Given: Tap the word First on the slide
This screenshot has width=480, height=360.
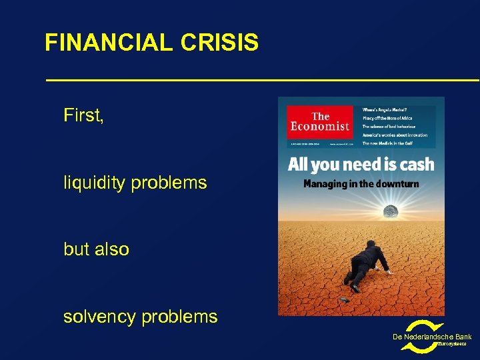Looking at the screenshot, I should point(83,116).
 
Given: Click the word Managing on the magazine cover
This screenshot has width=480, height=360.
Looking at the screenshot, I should point(325,183).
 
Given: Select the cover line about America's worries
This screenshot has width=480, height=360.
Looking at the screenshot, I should point(395,135).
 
